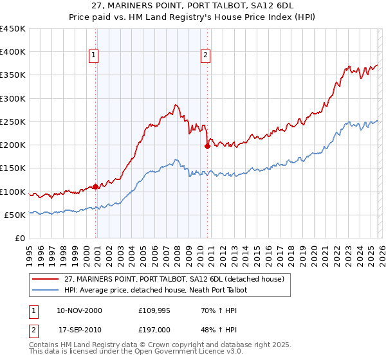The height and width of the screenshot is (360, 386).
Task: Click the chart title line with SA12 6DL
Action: pyautogui.click(x=193, y=5)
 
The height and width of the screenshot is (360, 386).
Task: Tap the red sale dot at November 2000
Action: pyautogui.click(x=96, y=186)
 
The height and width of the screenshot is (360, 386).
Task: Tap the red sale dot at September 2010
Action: pyautogui.click(x=207, y=146)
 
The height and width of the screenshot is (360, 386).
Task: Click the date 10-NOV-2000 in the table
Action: pyautogui.click(x=79, y=310)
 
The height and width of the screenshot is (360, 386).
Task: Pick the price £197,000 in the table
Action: pyautogui.click(x=154, y=328)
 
